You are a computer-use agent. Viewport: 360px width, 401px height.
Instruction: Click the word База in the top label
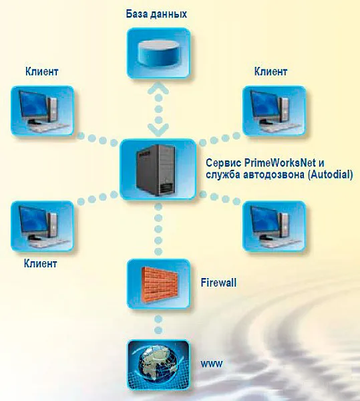pos(136,14)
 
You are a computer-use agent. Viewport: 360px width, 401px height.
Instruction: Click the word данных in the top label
pos(168,14)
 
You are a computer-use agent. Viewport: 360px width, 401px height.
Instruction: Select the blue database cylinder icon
pos(159,53)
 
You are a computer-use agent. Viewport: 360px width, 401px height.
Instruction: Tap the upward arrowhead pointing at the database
pos(158,87)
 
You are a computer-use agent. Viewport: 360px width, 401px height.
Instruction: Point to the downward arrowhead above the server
pos(158,130)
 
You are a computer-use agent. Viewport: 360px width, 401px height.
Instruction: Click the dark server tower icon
pos(156,170)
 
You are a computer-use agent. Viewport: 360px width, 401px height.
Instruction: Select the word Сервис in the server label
pos(224,163)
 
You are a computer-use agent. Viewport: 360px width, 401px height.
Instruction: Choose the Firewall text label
pos(218,283)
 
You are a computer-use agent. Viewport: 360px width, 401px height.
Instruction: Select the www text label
pos(212,364)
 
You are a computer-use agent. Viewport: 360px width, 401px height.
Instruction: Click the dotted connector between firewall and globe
pos(158,324)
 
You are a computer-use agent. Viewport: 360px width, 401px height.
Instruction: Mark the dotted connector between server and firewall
pos(158,229)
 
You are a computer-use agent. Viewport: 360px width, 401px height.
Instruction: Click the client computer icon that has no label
pos(274,226)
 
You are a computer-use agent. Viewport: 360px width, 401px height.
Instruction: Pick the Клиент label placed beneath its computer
pos(40,263)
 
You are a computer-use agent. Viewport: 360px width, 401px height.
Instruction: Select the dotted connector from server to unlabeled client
pos(220,198)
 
